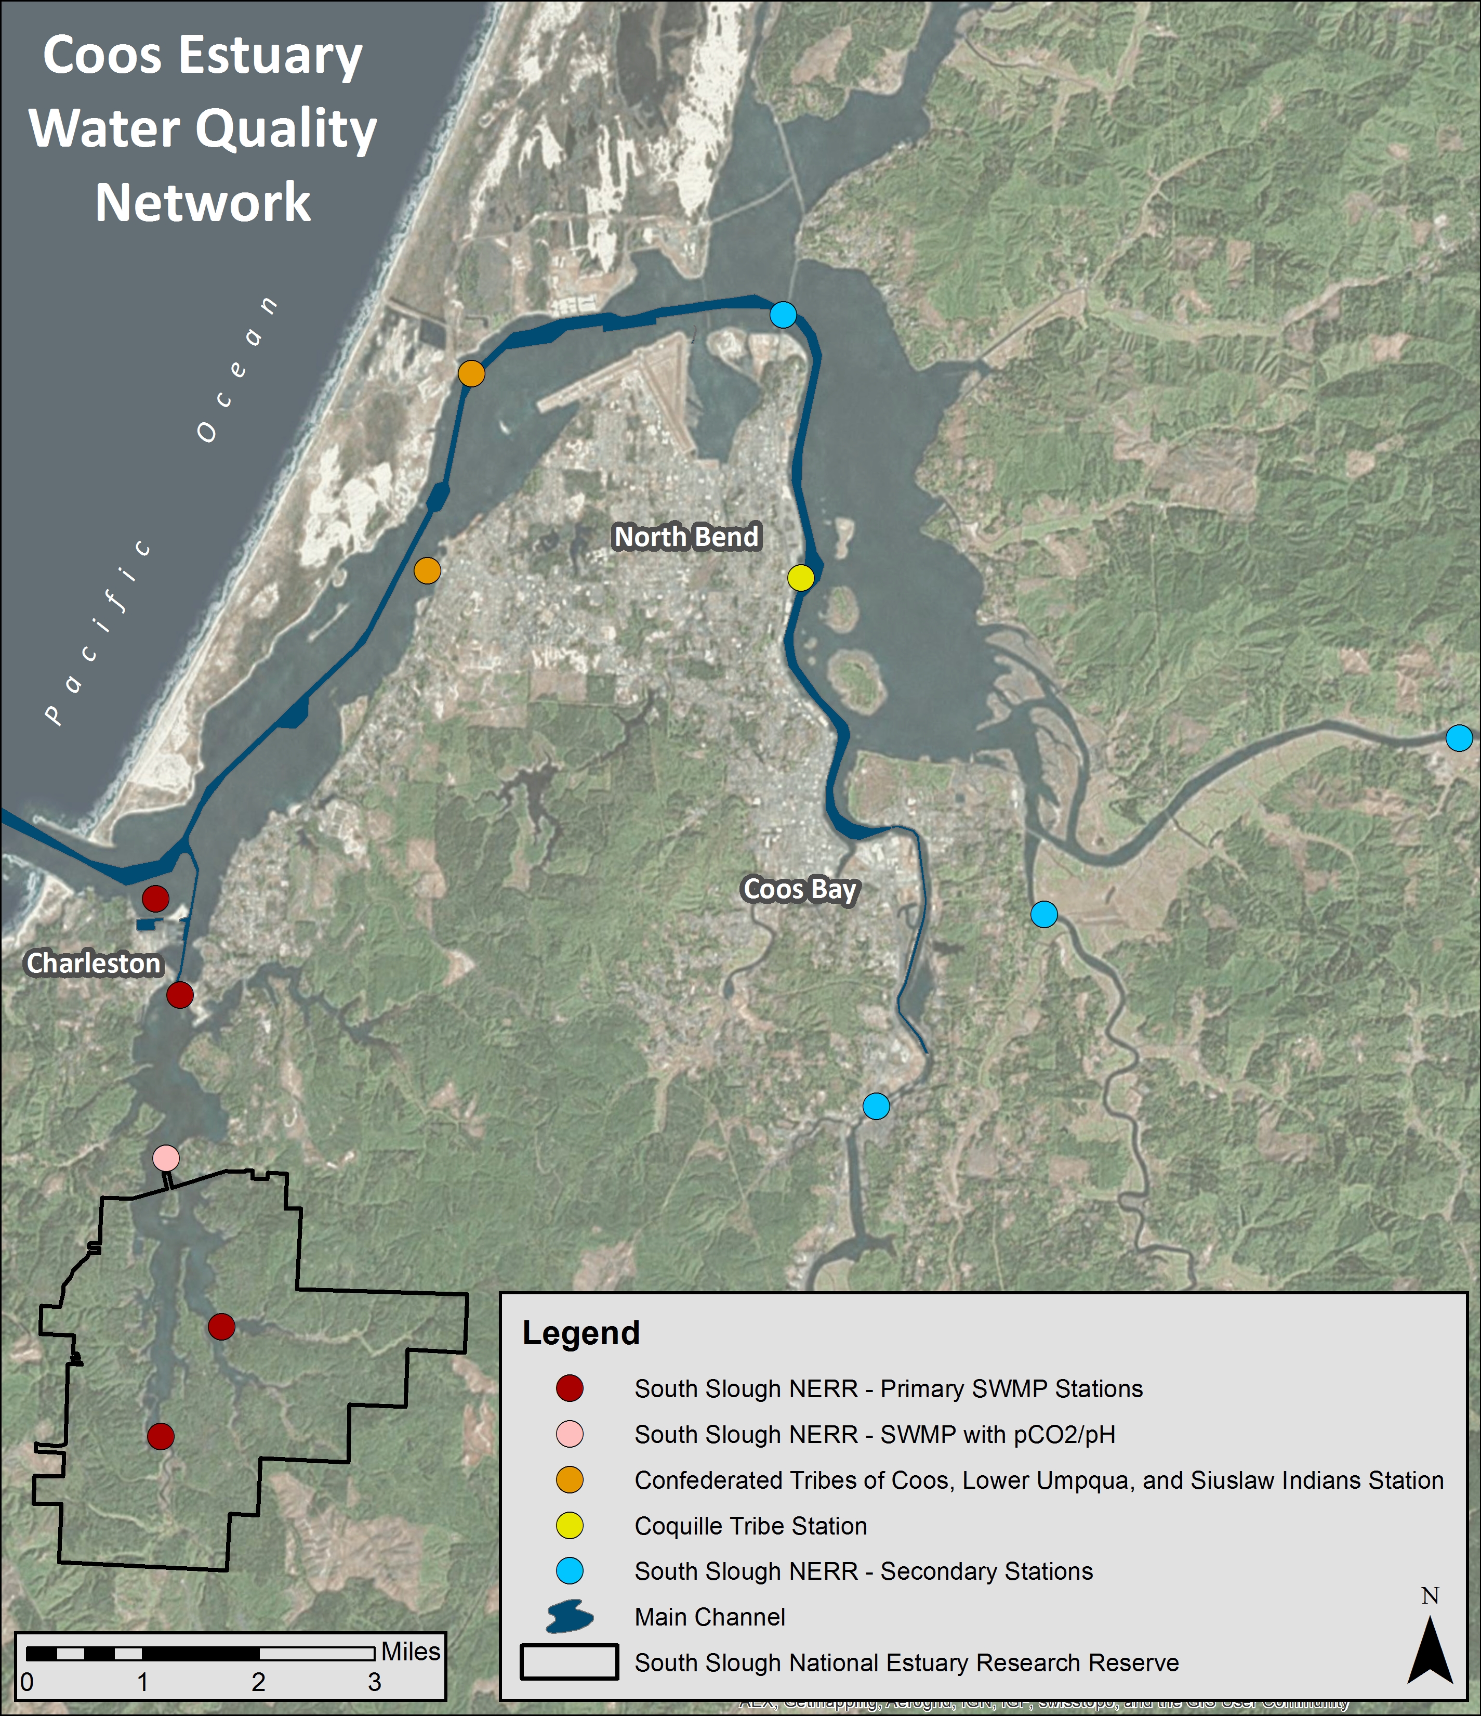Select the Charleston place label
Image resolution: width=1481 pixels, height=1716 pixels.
94,963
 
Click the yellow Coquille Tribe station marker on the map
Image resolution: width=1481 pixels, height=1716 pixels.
800,577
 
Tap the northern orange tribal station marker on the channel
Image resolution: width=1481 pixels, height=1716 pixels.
471,373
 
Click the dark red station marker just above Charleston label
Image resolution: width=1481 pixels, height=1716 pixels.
155,898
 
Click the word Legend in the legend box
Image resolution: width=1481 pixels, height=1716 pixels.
581,1333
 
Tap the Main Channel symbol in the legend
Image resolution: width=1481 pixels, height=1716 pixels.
570,1617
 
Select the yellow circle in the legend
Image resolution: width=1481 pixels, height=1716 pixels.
570,1526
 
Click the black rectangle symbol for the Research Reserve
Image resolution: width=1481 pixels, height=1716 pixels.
570,1662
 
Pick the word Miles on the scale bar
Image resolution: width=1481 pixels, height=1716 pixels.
411,1652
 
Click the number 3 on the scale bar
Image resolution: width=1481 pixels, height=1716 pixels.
374,1682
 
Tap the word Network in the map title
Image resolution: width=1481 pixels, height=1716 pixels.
203,202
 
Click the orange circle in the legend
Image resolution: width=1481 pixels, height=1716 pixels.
570,1480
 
